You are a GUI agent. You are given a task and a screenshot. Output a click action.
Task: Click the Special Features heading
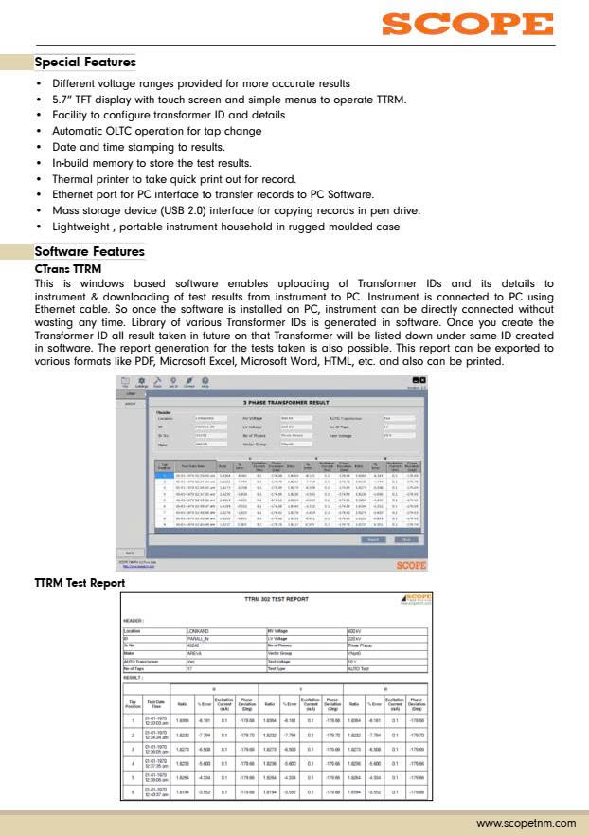click(85, 63)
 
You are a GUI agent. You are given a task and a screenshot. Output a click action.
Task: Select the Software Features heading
click(89, 252)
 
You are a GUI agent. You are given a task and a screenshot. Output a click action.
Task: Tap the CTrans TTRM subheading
click(67, 269)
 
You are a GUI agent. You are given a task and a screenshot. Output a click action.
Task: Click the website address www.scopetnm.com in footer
click(526, 822)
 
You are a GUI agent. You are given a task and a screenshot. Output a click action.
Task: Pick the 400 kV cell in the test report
click(355, 629)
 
